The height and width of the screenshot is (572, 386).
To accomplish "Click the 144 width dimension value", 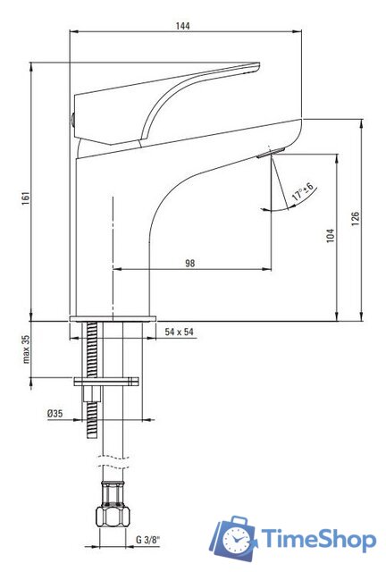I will coord(184,25).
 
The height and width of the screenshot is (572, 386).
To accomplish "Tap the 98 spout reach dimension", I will coord(190,263).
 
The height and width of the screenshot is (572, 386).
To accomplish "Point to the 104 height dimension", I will coord(330,236).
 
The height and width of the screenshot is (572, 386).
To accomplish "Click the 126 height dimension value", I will coord(355,220).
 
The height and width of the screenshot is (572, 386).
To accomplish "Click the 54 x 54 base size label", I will coord(180,332).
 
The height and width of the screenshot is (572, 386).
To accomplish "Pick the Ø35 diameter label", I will coord(56,413).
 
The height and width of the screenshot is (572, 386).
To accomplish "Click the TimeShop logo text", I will coord(318,539).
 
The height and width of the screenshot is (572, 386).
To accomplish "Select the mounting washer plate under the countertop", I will coord(107,382).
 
